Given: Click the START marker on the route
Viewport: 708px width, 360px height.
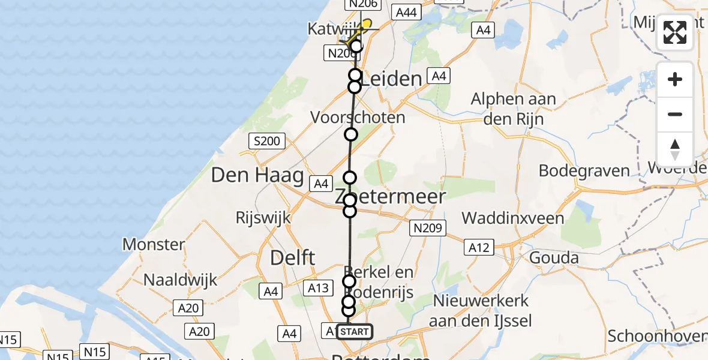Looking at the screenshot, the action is pyautogui.click(x=355, y=332).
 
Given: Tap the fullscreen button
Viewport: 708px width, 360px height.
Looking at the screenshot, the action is pyautogui.click(x=675, y=32).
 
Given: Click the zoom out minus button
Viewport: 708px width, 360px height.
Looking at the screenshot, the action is pyautogui.click(x=675, y=115).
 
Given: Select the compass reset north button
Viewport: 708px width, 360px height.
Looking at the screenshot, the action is pyautogui.click(x=675, y=149).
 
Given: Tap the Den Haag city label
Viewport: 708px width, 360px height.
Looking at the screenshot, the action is pyautogui.click(x=257, y=175).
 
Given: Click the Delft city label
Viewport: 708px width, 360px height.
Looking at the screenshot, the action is pyautogui.click(x=293, y=258).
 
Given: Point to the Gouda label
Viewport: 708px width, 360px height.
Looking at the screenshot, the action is pyautogui.click(x=554, y=258).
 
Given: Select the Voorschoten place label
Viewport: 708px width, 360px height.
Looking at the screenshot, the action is pyautogui.click(x=358, y=117).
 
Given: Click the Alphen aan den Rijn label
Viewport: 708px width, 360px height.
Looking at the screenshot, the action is pyautogui.click(x=514, y=109).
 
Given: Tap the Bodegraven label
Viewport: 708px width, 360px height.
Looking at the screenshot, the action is pyautogui.click(x=584, y=170).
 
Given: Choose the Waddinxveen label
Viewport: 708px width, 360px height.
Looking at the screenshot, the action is pyautogui.click(x=512, y=218).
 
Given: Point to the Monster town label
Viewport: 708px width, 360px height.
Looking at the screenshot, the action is pyautogui.click(x=154, y=244).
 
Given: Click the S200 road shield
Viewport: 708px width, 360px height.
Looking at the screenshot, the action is pyautogui.click(x=267, y=142).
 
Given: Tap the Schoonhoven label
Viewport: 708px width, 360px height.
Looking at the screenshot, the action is pyautogui.click(x=657, y=336).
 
